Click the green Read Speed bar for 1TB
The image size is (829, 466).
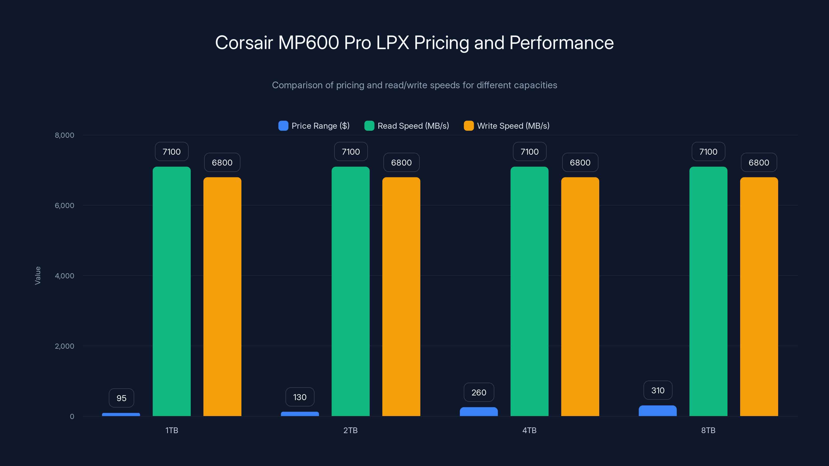click(x=171, y=291)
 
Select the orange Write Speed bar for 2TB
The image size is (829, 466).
click(x=401, y=296)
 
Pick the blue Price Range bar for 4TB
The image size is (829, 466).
click(x=478, y=412)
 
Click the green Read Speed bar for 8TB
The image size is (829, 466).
click(x=708, y=291)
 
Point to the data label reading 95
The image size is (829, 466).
click(x=121, y=398)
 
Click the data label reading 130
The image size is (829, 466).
click(x=300, y=397)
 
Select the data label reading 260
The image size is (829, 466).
click(x=478, y=392)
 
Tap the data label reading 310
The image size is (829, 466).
click(x=658, y=390)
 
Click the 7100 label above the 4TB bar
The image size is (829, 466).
click(x=529, y=152)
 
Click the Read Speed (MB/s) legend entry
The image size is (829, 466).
click(x=407, y=126)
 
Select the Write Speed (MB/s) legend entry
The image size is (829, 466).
click(x=507, y=126)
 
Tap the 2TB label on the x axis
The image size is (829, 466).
click(x=351, y=430)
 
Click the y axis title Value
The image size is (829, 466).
click(x=38, y=275)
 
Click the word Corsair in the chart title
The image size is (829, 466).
click(x=244, y=43)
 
